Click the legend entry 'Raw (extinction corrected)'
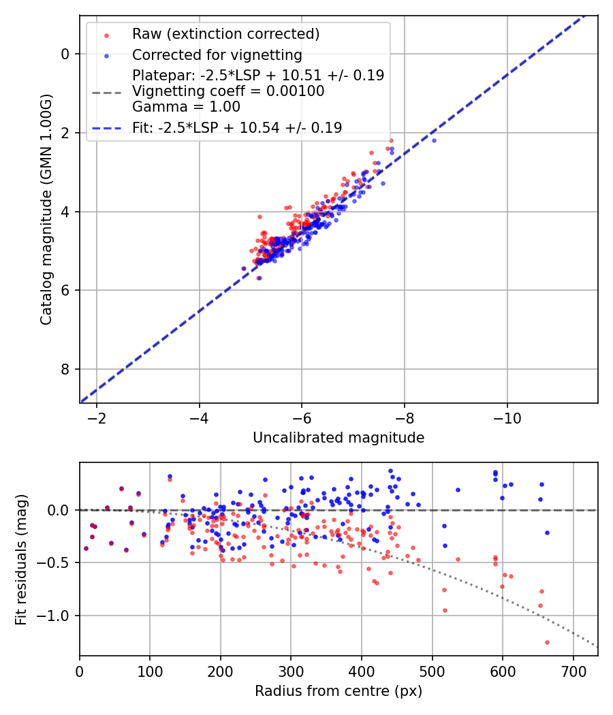(x=225, y=34)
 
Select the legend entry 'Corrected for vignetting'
(x=217, y=54)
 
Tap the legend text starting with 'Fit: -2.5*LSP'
(x=237, y=127)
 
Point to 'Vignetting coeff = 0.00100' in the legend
(x=228, y=91)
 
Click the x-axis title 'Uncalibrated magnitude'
(x=339, y=438)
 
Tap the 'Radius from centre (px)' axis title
(x=339, y=691)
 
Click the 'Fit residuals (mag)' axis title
(x=20, y=559)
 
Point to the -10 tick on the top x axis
(x=507, y=417)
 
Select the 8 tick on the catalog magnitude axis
(x=66, y=370)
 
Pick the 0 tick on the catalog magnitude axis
(x=66, y=54)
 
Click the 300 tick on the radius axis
(x=291, y=670)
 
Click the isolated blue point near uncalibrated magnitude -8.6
(x=434, y=140)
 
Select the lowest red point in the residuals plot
(x=547, y=642)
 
